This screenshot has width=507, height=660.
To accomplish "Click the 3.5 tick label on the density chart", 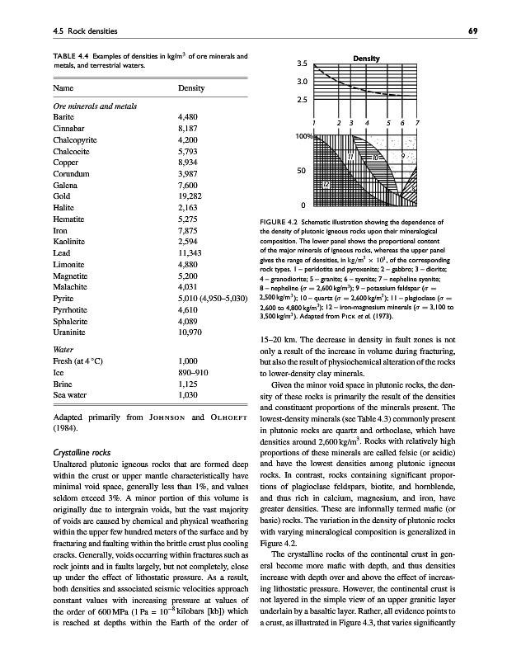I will coord(303,64).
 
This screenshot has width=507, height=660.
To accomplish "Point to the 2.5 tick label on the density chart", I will coord(303,101).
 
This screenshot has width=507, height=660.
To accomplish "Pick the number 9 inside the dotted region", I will coord(401,155).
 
